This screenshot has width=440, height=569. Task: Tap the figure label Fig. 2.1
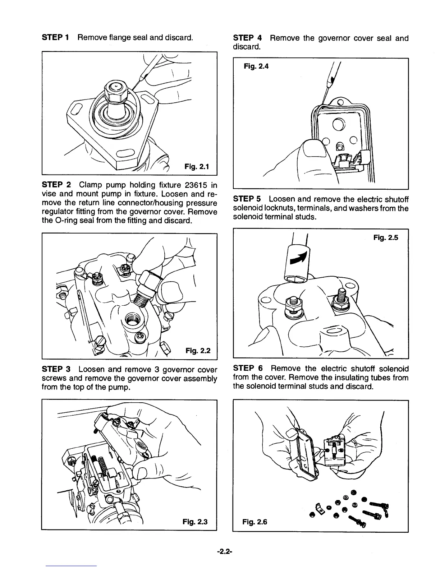click(x=196, y=166)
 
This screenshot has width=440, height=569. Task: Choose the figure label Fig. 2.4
click(x=256, y=66)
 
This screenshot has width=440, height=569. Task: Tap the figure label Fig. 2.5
click(x=386, y=237)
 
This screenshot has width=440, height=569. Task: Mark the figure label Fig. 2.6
click(x=255, y=522)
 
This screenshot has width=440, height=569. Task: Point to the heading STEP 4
click(x=248, y=38)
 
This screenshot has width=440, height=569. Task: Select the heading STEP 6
click(x=248, y=369)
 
